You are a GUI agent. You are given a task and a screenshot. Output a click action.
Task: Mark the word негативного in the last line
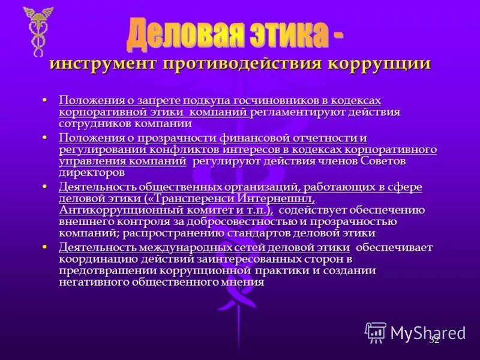(x=96, y=282)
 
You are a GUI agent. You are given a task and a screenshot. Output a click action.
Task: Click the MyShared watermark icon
(x=376, y=332)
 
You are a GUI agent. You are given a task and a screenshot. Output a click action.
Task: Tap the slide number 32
(x=434, y=340)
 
